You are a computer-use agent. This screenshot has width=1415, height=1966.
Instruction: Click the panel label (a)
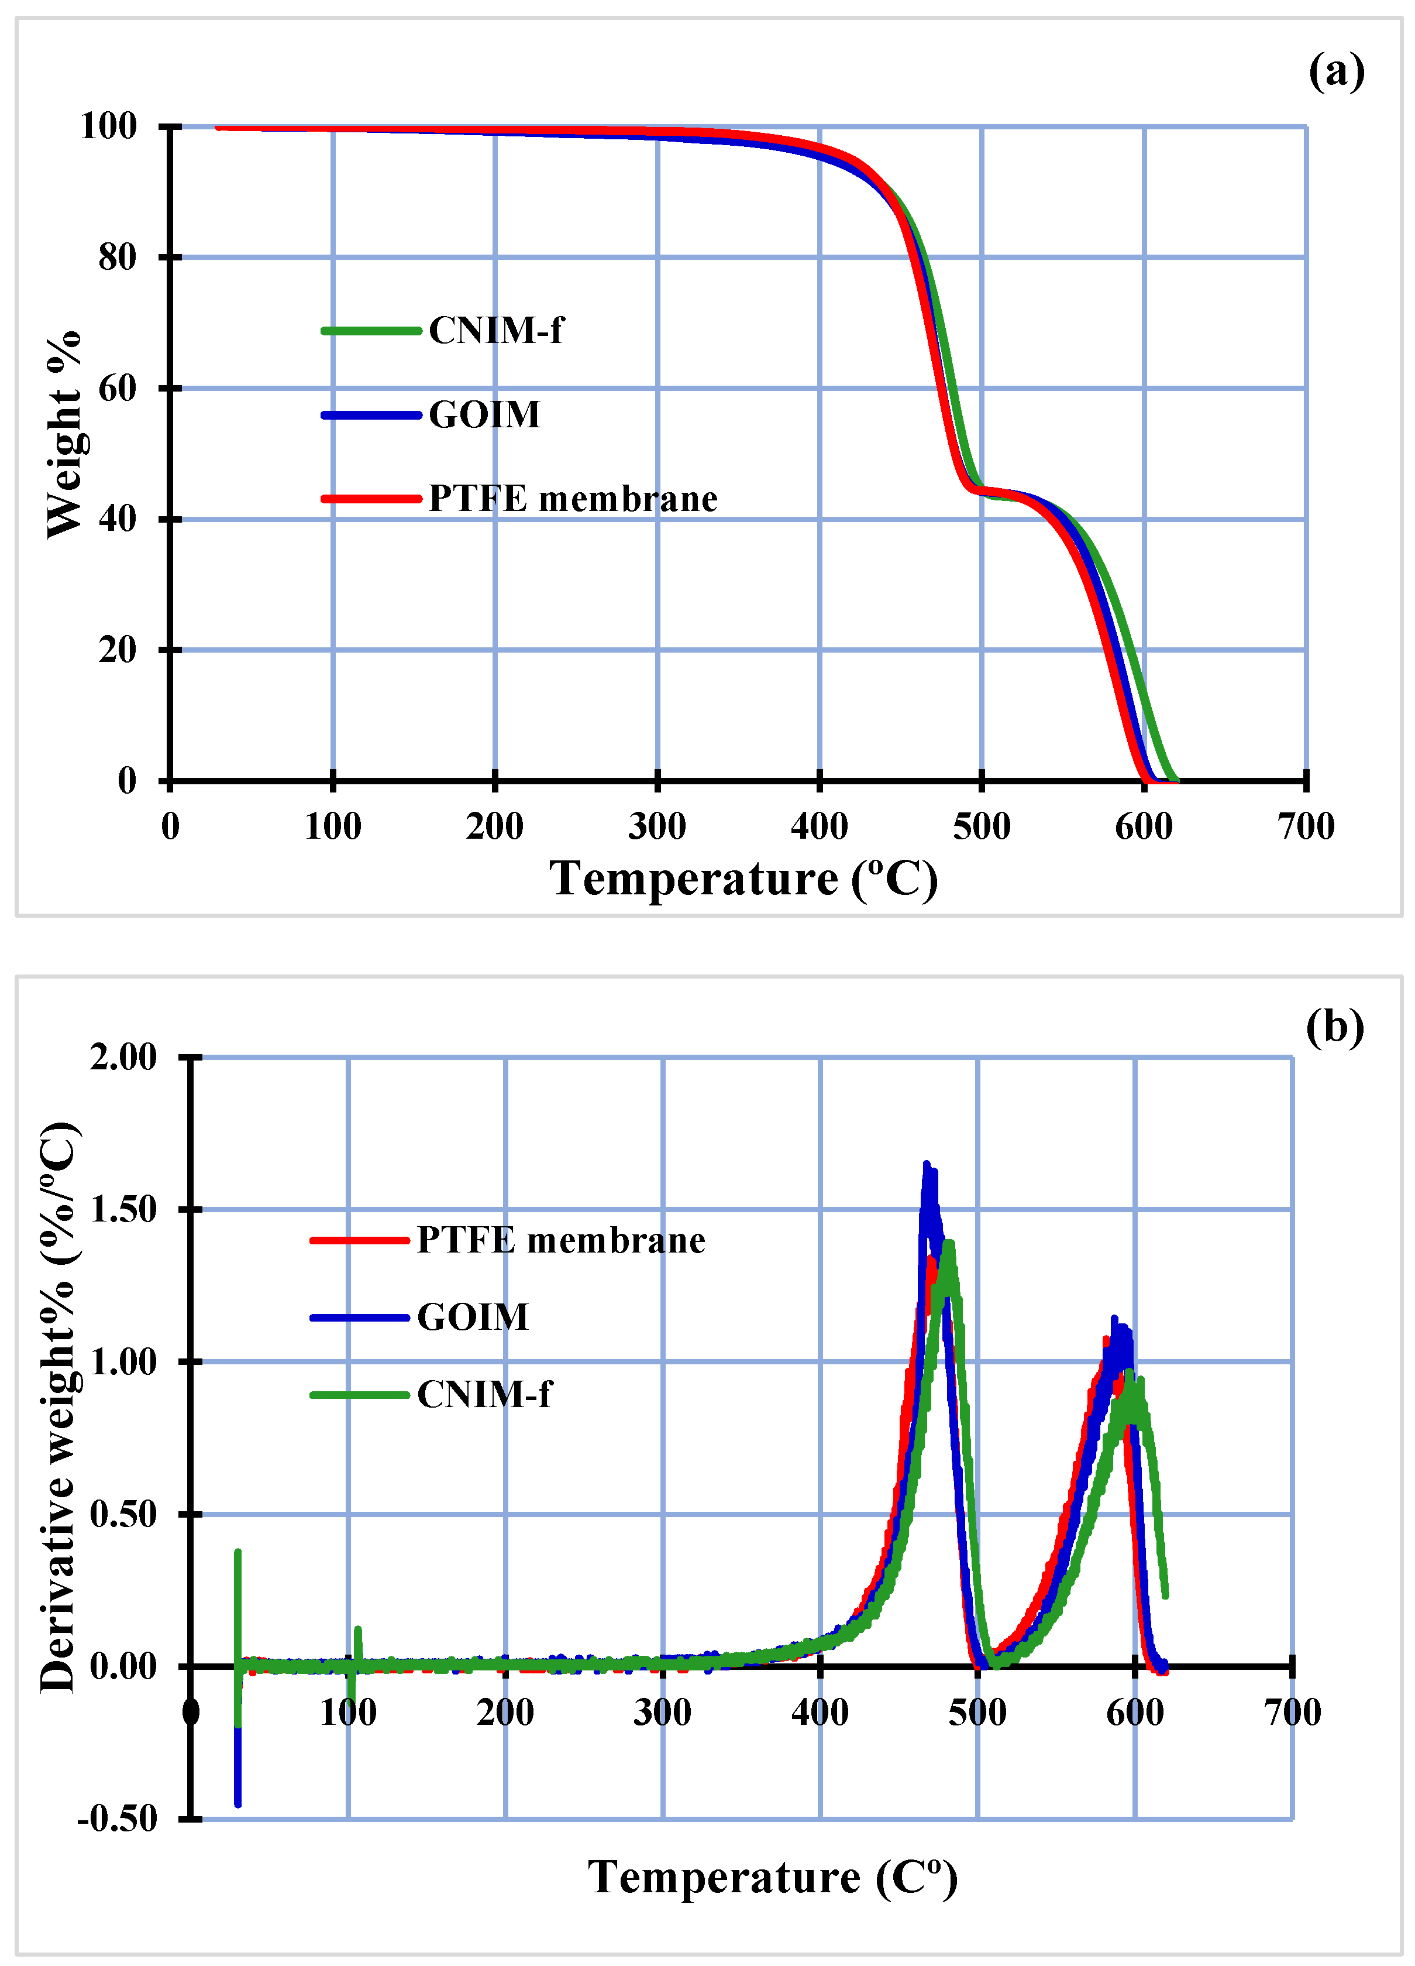tap(1335, 71)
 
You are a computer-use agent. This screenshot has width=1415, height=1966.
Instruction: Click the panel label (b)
tap(1334, 1027)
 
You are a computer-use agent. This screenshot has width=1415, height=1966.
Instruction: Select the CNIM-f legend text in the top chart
tap(495, 330)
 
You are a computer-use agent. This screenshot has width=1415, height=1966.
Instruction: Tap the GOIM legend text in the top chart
tap(484, 414)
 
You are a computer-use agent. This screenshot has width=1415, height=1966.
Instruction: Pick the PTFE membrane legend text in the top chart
tap(573, 499)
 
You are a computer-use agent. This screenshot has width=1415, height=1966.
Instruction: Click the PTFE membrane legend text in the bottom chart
tap(560, 1240)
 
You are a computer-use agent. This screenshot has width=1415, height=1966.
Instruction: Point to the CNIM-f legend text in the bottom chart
tap(484, 1394)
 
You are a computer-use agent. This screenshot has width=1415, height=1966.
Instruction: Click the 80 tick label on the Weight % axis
tap(117, 258)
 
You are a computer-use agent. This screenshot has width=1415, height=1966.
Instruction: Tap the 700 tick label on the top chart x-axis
tap(1305, 826)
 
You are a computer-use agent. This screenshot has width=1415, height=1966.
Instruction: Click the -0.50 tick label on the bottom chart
tap(118, 1819)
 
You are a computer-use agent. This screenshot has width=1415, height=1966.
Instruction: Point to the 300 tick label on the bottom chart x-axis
tap(662, 1713)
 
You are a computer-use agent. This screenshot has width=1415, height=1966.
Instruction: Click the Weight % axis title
tap(63, 434)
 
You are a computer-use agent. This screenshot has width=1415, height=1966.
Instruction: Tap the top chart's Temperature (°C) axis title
tap(743, 879)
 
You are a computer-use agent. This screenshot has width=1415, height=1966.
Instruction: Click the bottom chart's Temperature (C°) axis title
tap(772, 1878)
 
